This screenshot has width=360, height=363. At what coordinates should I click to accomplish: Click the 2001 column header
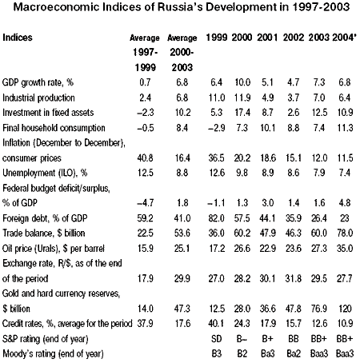(x=267, y=38)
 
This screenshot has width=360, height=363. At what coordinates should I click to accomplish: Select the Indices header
(x=18, y=38)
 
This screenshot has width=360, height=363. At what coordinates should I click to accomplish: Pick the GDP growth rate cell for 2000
(x=242, y=82)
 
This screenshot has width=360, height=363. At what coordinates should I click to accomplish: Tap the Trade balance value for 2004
(x=345, y=233)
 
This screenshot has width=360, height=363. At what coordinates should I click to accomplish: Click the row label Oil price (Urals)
(x=54, y=249)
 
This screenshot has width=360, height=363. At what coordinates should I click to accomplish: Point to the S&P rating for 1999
(x=216, y=339)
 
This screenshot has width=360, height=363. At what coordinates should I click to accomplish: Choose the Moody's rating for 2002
(x=294, y=353)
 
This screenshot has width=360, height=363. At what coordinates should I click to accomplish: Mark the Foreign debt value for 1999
(x=217, y=218)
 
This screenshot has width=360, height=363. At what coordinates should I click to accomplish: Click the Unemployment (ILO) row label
(x=45, y=174)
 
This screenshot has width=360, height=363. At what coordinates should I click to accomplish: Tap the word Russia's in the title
(x=181, y=7)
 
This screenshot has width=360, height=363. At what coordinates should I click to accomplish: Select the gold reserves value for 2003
(x=319, y=309)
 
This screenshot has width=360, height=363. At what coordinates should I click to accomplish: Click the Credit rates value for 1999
(x=217, y=324)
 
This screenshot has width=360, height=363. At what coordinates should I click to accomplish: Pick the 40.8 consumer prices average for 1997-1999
(x=145, y=158)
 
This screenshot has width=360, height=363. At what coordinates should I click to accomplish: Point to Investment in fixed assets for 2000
(x=242, y=113)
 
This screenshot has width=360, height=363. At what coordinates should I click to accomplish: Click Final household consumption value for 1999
(x=216, y=128)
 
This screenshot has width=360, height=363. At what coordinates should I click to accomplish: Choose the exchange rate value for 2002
(x=294, y=278)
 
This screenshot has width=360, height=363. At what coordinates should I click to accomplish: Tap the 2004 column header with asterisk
(x=344, y=38)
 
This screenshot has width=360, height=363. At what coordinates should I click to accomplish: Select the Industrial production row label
(x=38, y=98)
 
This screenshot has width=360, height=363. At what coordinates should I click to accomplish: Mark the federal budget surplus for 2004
(x=345, y=203)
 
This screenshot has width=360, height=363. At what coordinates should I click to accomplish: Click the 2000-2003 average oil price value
(x=182, y=249)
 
